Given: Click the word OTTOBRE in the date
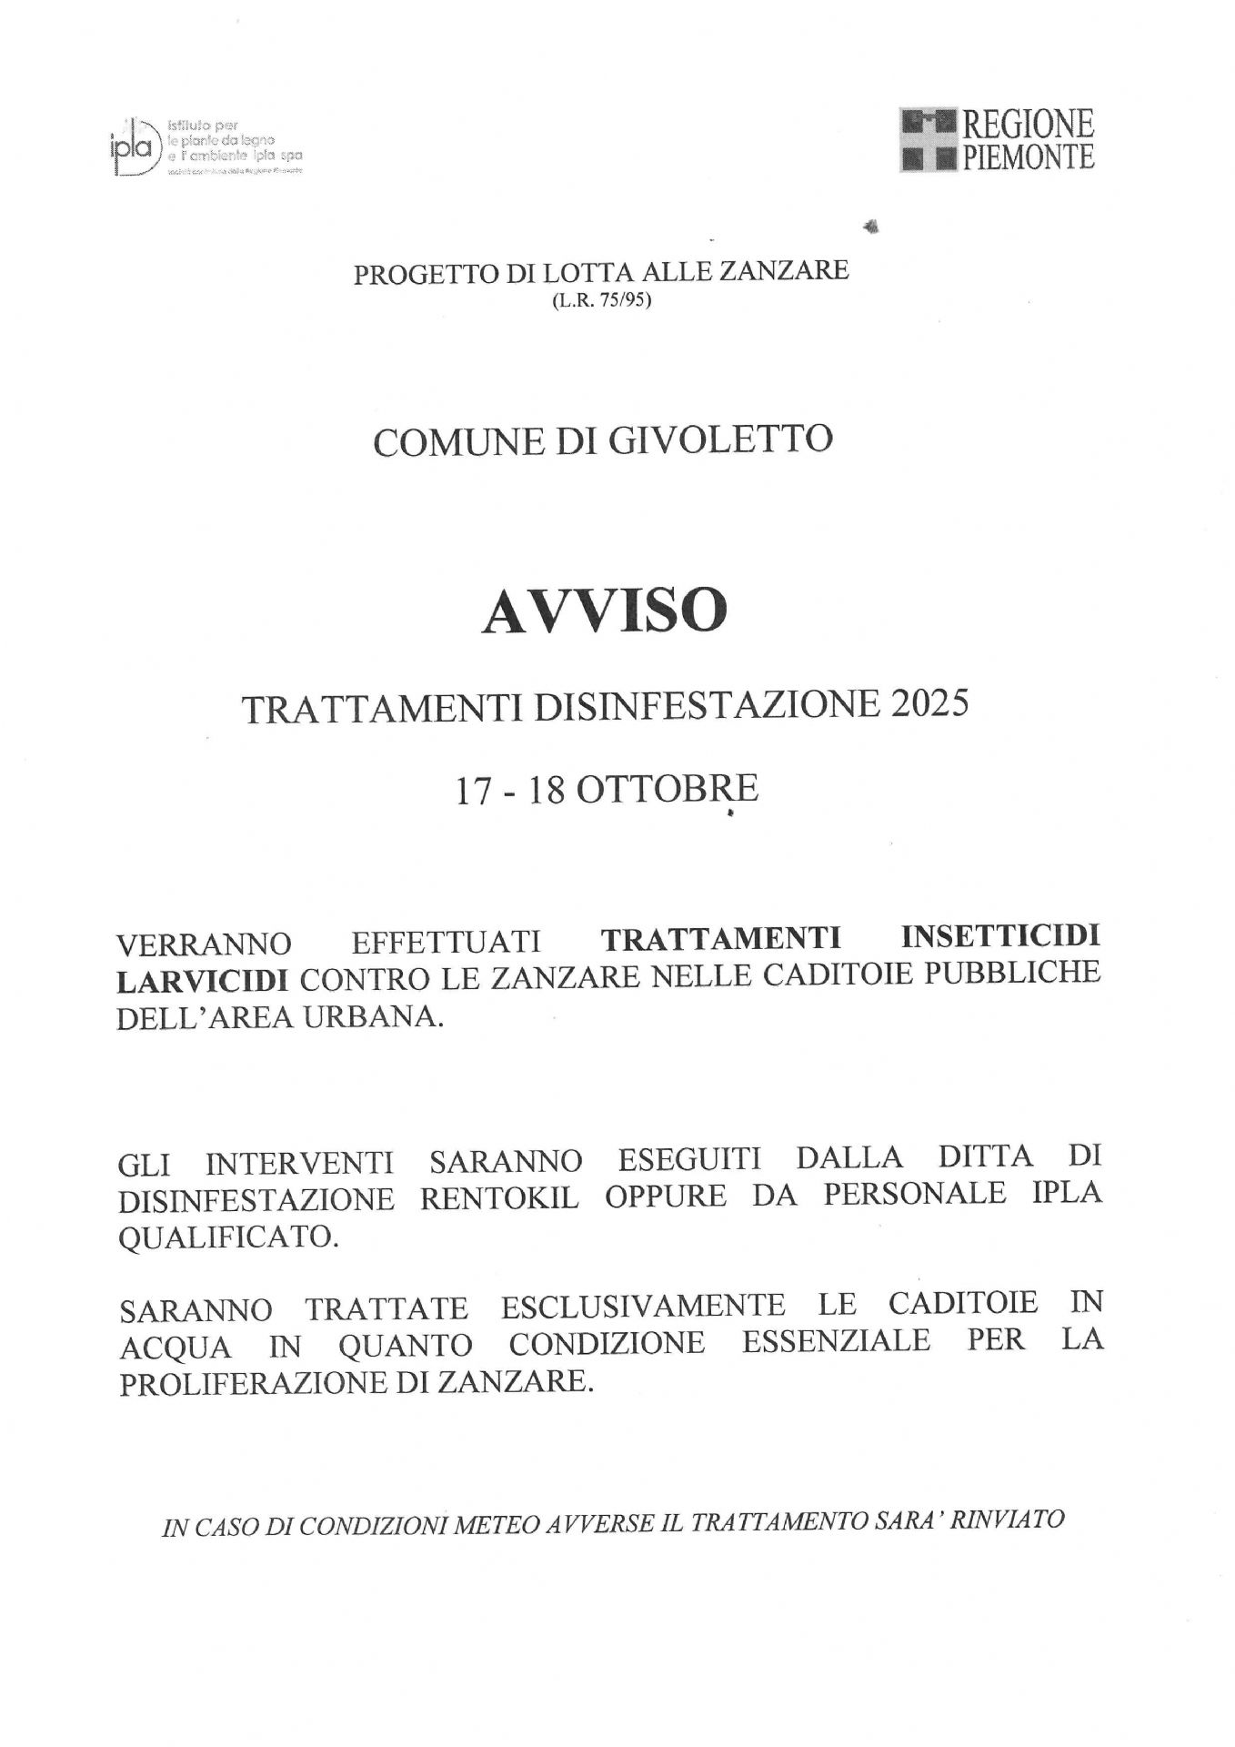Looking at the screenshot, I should point(668,789).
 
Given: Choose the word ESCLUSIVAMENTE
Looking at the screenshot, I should point(643,1306).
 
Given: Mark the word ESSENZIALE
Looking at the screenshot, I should point(836,1342).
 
